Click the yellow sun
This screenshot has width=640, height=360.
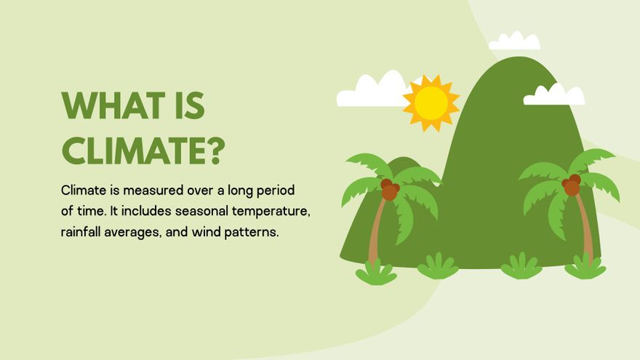click(431, 103)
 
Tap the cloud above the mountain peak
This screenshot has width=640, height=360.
click(515, 42)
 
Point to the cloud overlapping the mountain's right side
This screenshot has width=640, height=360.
click(554, 96)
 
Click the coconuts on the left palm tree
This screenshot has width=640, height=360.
click(390, 190)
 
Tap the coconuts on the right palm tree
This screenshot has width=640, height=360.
click(572, 185)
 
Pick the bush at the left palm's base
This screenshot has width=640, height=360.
click(376, 273)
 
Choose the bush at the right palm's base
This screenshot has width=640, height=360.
click(585, 267)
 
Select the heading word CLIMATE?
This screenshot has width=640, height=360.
click(143, 151)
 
